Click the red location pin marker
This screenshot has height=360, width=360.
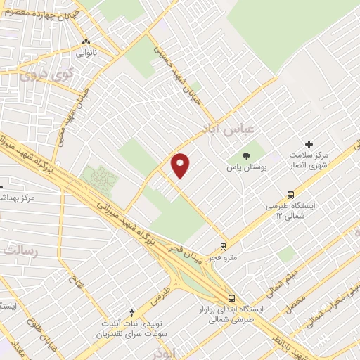tap(181, 165)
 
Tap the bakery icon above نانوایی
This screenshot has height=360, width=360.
tap(86, 41)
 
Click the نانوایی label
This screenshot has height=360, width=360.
tap(86, 52)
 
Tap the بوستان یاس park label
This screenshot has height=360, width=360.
tap(245, 168)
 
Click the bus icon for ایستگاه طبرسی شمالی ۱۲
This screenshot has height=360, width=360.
tap(290, 195)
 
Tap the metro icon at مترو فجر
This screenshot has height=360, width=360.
tap(222, 247)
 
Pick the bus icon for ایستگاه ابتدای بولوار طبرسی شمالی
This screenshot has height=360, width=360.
tap(232, 297)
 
